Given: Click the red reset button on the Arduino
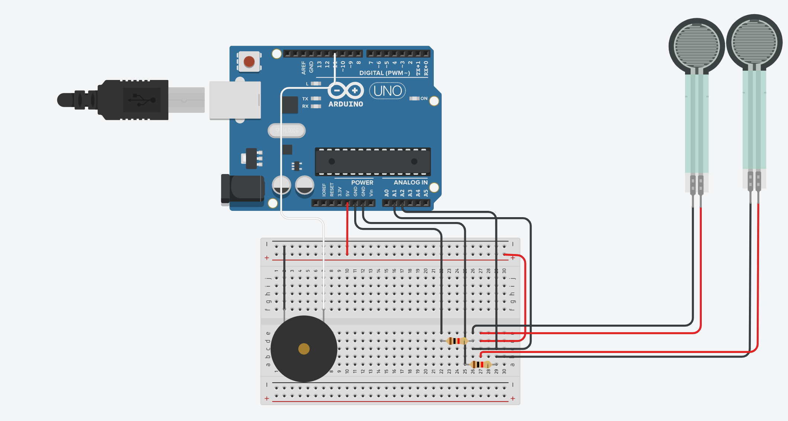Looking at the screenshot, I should [x=249, y=61].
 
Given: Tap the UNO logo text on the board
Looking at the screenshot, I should [x=387, y=91].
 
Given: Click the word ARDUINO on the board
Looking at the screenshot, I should [x=346, y=104].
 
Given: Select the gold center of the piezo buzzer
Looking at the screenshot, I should [x=304, y=349].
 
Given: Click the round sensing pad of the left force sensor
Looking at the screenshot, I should [x=697, y=46].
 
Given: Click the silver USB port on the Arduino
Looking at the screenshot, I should [x=235, y=100].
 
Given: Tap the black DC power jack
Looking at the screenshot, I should [x=243, y=189].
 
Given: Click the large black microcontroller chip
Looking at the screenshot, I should [x=372, y=161].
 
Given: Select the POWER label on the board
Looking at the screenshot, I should [x=362, y=183].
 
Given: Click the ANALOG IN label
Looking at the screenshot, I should [x=410, y=183].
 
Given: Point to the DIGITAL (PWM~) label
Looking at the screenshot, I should [x=384, y=73].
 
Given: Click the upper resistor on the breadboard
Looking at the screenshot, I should [x=457, y=341].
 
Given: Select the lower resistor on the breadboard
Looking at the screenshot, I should [x=481, y=364].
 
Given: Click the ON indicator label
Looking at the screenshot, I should [x=424, y=99].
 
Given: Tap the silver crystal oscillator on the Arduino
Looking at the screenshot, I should [x=287, y=131].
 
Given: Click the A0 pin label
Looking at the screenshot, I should [x=387, y=193].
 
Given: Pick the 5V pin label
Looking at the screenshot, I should [x=348, y=193].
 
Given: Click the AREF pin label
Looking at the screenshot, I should [x=304, y=68].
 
